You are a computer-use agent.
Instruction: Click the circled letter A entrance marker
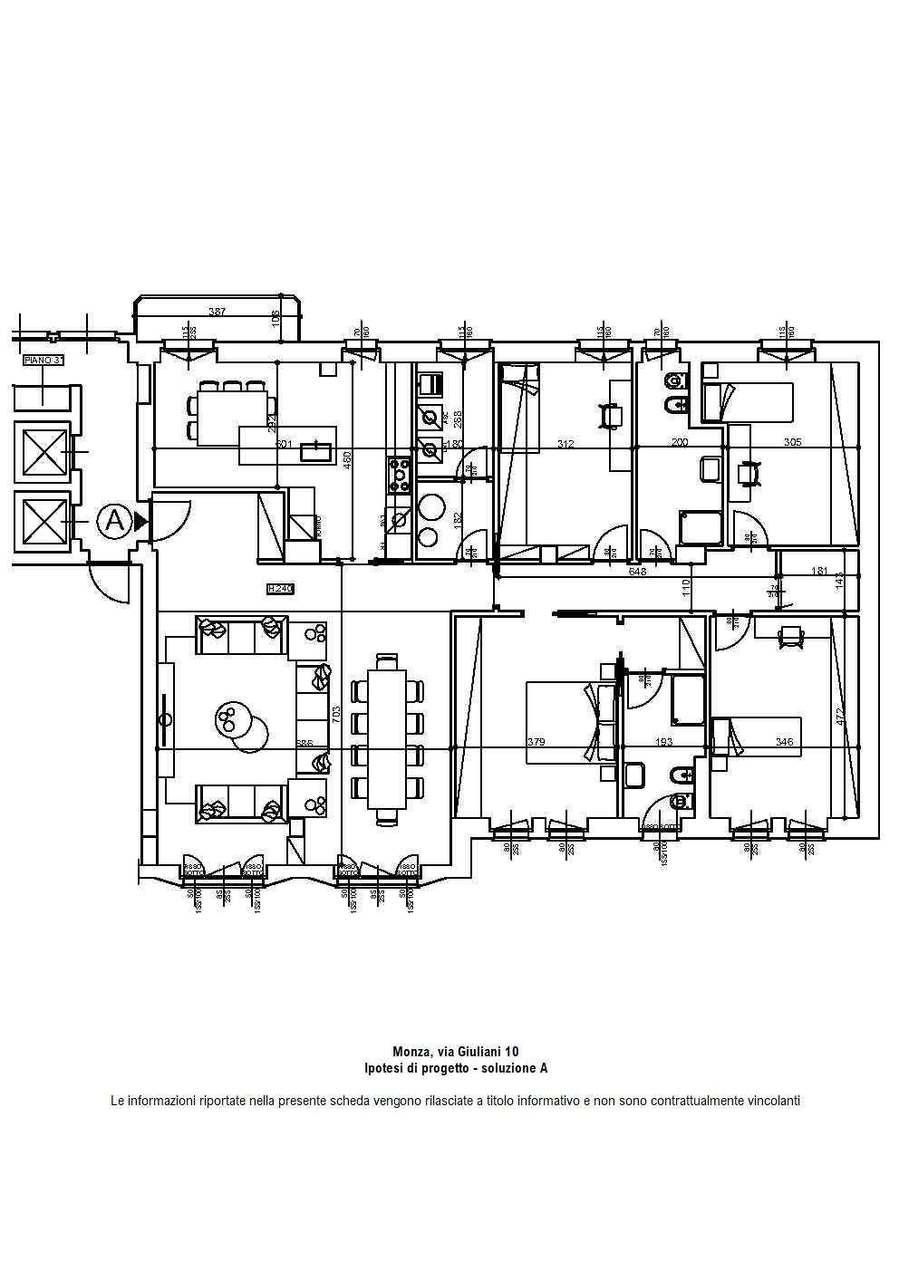[114, 521]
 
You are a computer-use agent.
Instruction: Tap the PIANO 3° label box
[43, 361]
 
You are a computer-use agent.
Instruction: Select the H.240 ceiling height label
[280, 589]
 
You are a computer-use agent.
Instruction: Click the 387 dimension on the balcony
[217, 312]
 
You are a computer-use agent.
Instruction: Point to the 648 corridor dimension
[637, 572]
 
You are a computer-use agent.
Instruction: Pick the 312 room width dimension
[565, 444]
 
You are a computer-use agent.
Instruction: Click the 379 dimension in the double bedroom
[536, 742]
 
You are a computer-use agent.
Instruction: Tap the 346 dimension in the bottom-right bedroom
[784, 742]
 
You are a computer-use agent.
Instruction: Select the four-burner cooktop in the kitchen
[400, 472]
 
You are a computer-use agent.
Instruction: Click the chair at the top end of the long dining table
[387, 661]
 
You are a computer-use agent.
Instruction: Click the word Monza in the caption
[411, 1052]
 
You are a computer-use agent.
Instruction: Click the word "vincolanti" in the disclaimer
[773, 1102]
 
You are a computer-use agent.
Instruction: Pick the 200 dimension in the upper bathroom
[680, 443]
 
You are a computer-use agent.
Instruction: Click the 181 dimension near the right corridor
[819, 572]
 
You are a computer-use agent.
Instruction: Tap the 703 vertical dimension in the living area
[335, 712]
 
